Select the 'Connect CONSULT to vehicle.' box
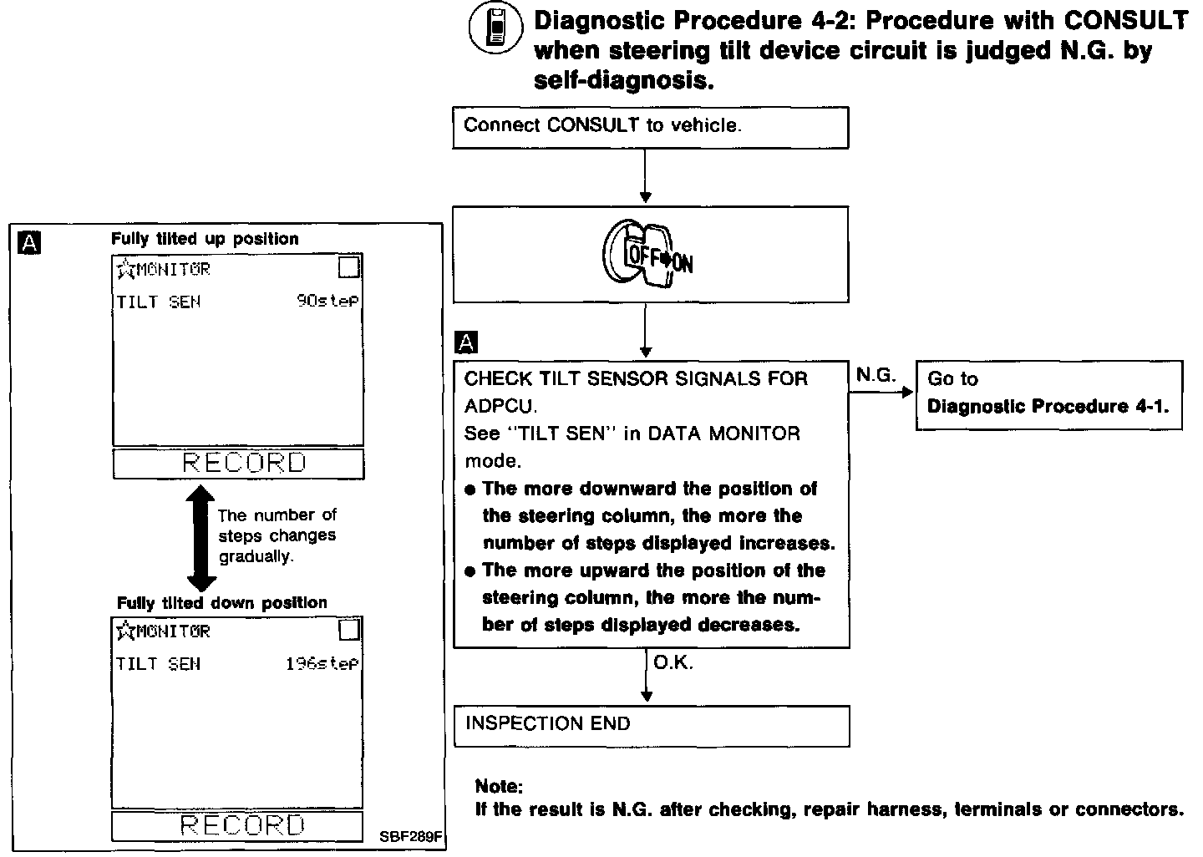pyautogui.click(x=650, y=127)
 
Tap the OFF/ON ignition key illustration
pyautogui.click(x=648, y=255)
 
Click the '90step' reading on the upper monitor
pyautogui.click(x=327, y=302)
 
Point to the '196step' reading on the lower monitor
pyautogui.click(x=322, y=664)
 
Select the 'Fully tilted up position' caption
pyautogui.click(x=205, y=239)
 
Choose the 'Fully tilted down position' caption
pyautogui.click(x=221, y=603)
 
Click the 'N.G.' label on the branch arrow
pyautogui.click(x=876, y=376)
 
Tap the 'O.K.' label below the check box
pyautogui.click(x=673, y=663)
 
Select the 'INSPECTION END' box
pyautogui.click(x=651, y=725)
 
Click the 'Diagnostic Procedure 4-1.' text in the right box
pyautogui.click(x=1048, y=407)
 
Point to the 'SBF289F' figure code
pyautogui.click(x=409, y=835)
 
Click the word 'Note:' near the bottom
pyautogui.click(x=499, y=786)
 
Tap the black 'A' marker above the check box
pyautogui.click(x=466, y=342)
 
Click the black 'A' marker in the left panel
pyautogui.click(x=29, y=243)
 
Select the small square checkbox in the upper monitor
pyautogui.click(x=349, y=267)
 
